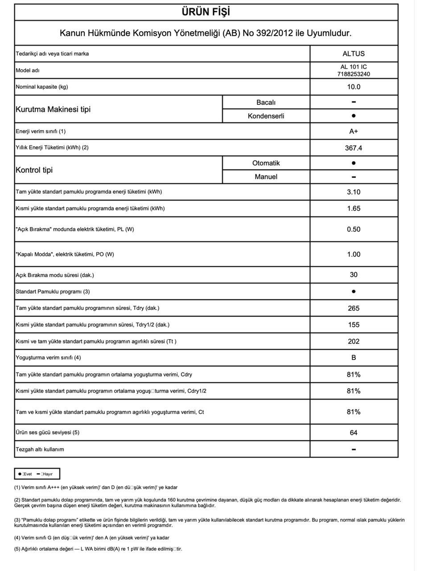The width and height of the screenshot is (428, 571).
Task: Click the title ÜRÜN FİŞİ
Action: pyautogui.click(x=206, y=12)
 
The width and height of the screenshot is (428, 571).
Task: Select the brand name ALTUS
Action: pyautogui.click(x=354, y=54)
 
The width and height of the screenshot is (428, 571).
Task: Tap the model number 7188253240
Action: pyautogui.click(x=354, y=74)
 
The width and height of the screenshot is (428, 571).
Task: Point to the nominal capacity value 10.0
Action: pyautogui.click(x=354, y=87)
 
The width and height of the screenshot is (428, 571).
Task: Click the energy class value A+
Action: pyautogui.click(x=354, y=131)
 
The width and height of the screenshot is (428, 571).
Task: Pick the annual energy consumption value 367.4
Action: pyautogui.click(x=354, y=148)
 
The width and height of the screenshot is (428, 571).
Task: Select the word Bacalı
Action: pyautogui.click(x=266, y=102)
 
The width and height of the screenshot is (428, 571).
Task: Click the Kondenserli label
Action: pyautogui.click(x=266, y=116)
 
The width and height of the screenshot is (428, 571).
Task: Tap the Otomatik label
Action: pyautogui.click(x=266, y=163)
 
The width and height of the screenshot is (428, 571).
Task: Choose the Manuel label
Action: pyautogui.click(x=266, y=177)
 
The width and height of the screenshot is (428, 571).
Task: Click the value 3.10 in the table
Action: pyautogui.click(x=354, y=192)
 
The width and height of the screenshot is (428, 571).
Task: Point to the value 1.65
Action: pyautogui.click(x=354, y=208)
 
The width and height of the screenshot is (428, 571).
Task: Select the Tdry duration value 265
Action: pyautogui.click(x=354, y=308)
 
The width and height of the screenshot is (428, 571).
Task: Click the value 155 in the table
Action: pyautogui.click(x=354, y=325)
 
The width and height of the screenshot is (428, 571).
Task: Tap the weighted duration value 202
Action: pyautogui.click(x=354, y=341)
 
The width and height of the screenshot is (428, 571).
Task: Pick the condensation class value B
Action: pyautogui.click(x=354, y=358)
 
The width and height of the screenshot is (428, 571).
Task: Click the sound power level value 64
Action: pyautogui.click(x=354, y=433)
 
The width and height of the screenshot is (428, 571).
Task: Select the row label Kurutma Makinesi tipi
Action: pyautogui.click(x=53, y=109)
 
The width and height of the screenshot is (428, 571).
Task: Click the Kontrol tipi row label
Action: pyautogui.click(x=34, y=170)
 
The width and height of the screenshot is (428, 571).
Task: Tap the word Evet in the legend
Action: pyautogui.click(x=28, y=474)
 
